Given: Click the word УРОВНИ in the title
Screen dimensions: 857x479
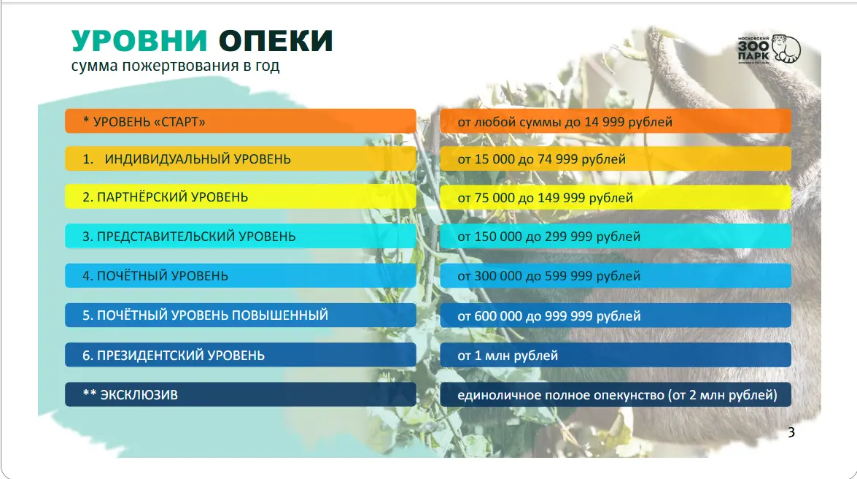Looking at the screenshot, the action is (x=139, y=41).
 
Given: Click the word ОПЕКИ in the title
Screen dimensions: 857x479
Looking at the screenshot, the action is (x=276, y=41).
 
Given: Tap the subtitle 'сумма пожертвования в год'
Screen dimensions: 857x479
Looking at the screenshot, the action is (x=175, y=66).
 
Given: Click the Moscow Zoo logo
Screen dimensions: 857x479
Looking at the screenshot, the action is (x=769, y=49).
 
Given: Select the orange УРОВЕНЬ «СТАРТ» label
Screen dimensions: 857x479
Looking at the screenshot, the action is (x=144, y=121).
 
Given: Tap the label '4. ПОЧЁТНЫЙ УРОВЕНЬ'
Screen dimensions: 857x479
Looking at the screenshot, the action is (x=155, y=276).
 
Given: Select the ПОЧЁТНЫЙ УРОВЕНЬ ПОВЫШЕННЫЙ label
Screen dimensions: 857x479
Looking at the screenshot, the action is (x=205, y=315).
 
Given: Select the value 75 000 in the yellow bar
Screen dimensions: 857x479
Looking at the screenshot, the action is (x=494, y=198).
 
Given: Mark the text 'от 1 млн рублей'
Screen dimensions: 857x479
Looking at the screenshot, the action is (x=508, y=356).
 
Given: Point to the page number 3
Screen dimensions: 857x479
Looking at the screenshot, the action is (x=791, y=432).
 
